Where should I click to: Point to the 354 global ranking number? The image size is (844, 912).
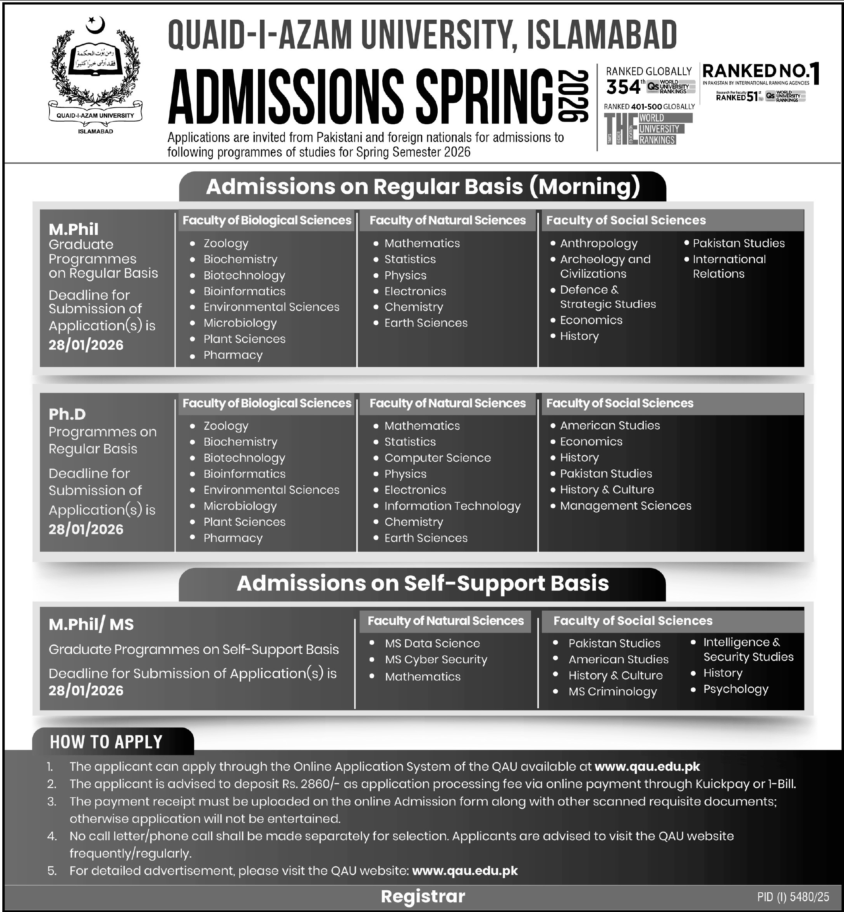[623, 87]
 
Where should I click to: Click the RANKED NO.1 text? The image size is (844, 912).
[760, 72]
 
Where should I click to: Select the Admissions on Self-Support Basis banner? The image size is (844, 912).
[423, 584]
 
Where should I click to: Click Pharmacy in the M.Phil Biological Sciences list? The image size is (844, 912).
[233, 355]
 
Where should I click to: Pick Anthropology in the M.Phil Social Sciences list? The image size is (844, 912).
[598, 244]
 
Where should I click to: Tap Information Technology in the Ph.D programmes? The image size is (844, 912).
[452, 506]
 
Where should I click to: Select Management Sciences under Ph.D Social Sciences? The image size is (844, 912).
[625, 506]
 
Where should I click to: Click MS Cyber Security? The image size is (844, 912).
[436, 660]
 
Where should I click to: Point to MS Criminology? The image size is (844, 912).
[612, 692]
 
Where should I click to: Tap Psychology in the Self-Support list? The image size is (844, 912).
[735, 689]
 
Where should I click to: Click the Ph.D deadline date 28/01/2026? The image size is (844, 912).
[86, 529]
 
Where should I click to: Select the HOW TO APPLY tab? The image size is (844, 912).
[107, 742]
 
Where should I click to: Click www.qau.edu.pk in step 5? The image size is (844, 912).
[464, 871]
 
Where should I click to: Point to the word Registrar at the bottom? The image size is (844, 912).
[423, 897]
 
